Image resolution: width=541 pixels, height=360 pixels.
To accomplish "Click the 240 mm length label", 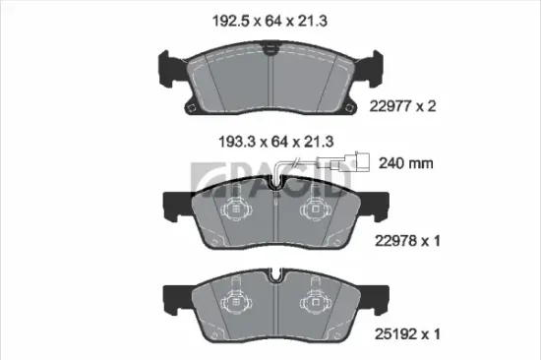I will [x=404, y=163].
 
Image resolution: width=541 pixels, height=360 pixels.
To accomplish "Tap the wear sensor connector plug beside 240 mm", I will [x=364, y=163].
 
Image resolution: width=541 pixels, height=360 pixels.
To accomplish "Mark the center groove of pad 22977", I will [x=271, y=79].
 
